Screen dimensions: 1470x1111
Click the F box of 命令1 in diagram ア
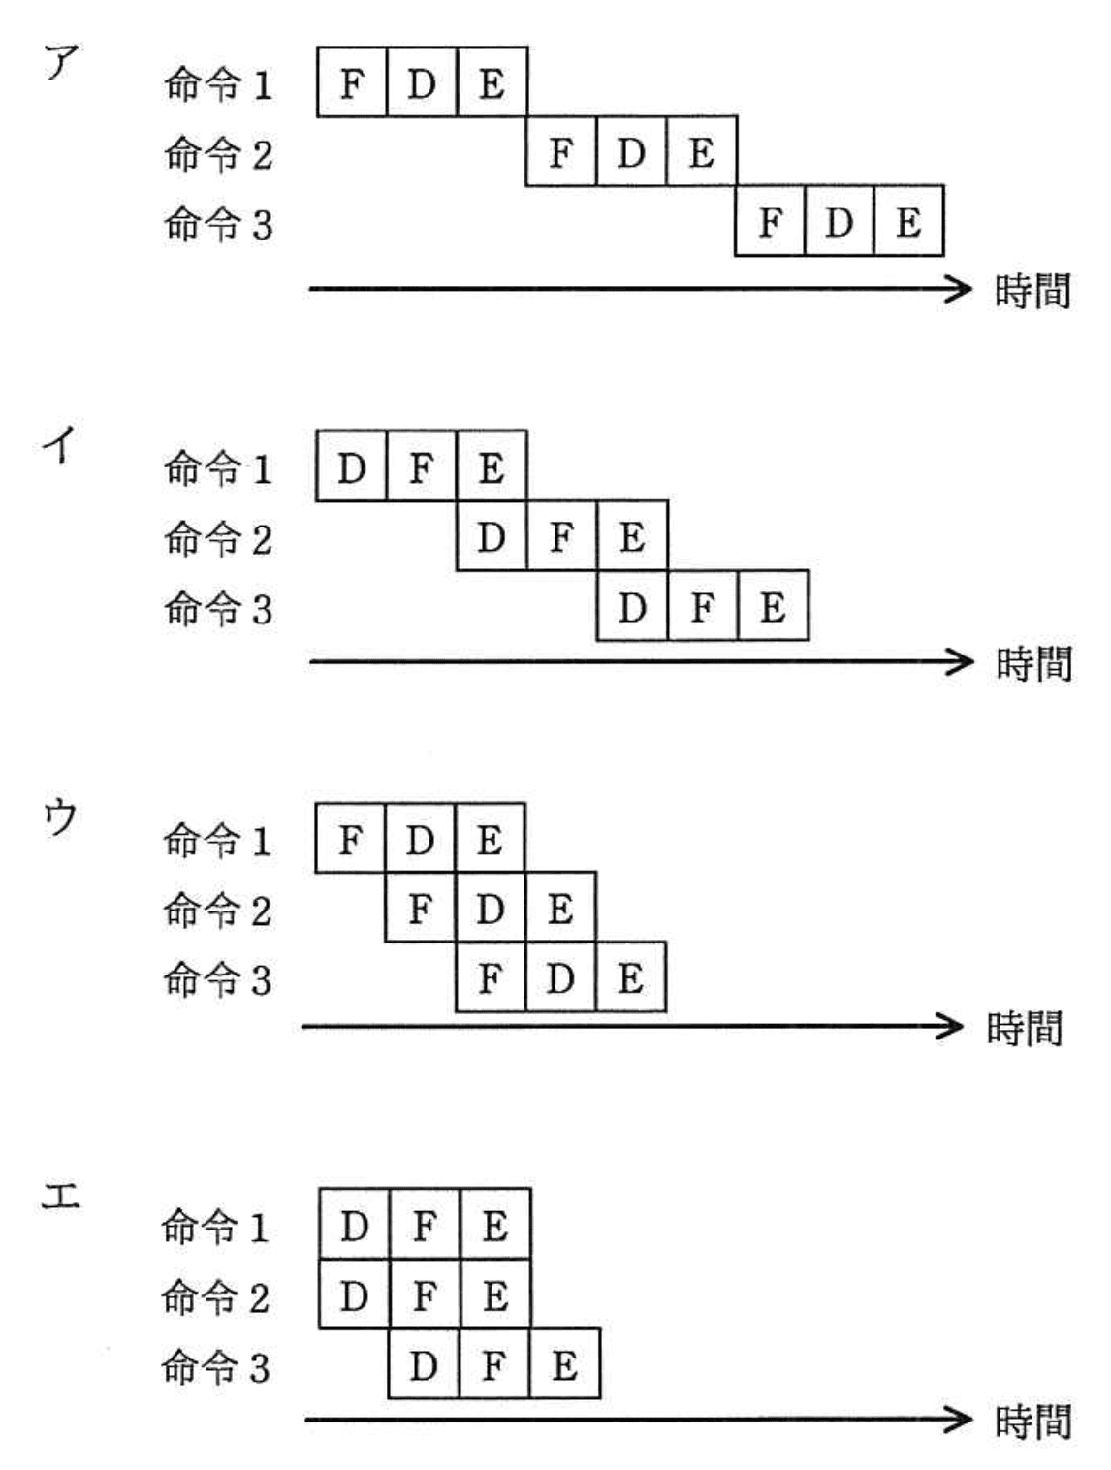(x=351, y=82)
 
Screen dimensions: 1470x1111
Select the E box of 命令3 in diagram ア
(x=908, y=221)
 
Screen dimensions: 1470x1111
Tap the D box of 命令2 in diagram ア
(x=631, y=152)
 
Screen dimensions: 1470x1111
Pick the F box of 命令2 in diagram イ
(x=561, y=536)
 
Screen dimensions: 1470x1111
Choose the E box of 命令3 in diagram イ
(x=773, y=606)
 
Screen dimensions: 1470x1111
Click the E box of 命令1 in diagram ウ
(x=490, y=838)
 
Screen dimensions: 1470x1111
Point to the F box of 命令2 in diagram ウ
(x=420, y=908)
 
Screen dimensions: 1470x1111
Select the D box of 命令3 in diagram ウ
(x=560, y=977)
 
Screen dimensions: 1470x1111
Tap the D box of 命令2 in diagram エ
(x=354, y=1294)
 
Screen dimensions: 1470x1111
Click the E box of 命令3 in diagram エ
(x=564, y=1364)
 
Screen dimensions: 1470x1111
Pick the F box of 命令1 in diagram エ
(x=425, y=1225)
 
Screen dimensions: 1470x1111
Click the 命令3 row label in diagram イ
(x=218, y=608)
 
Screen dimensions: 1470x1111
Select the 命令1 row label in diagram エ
(x=215, y=1227)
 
